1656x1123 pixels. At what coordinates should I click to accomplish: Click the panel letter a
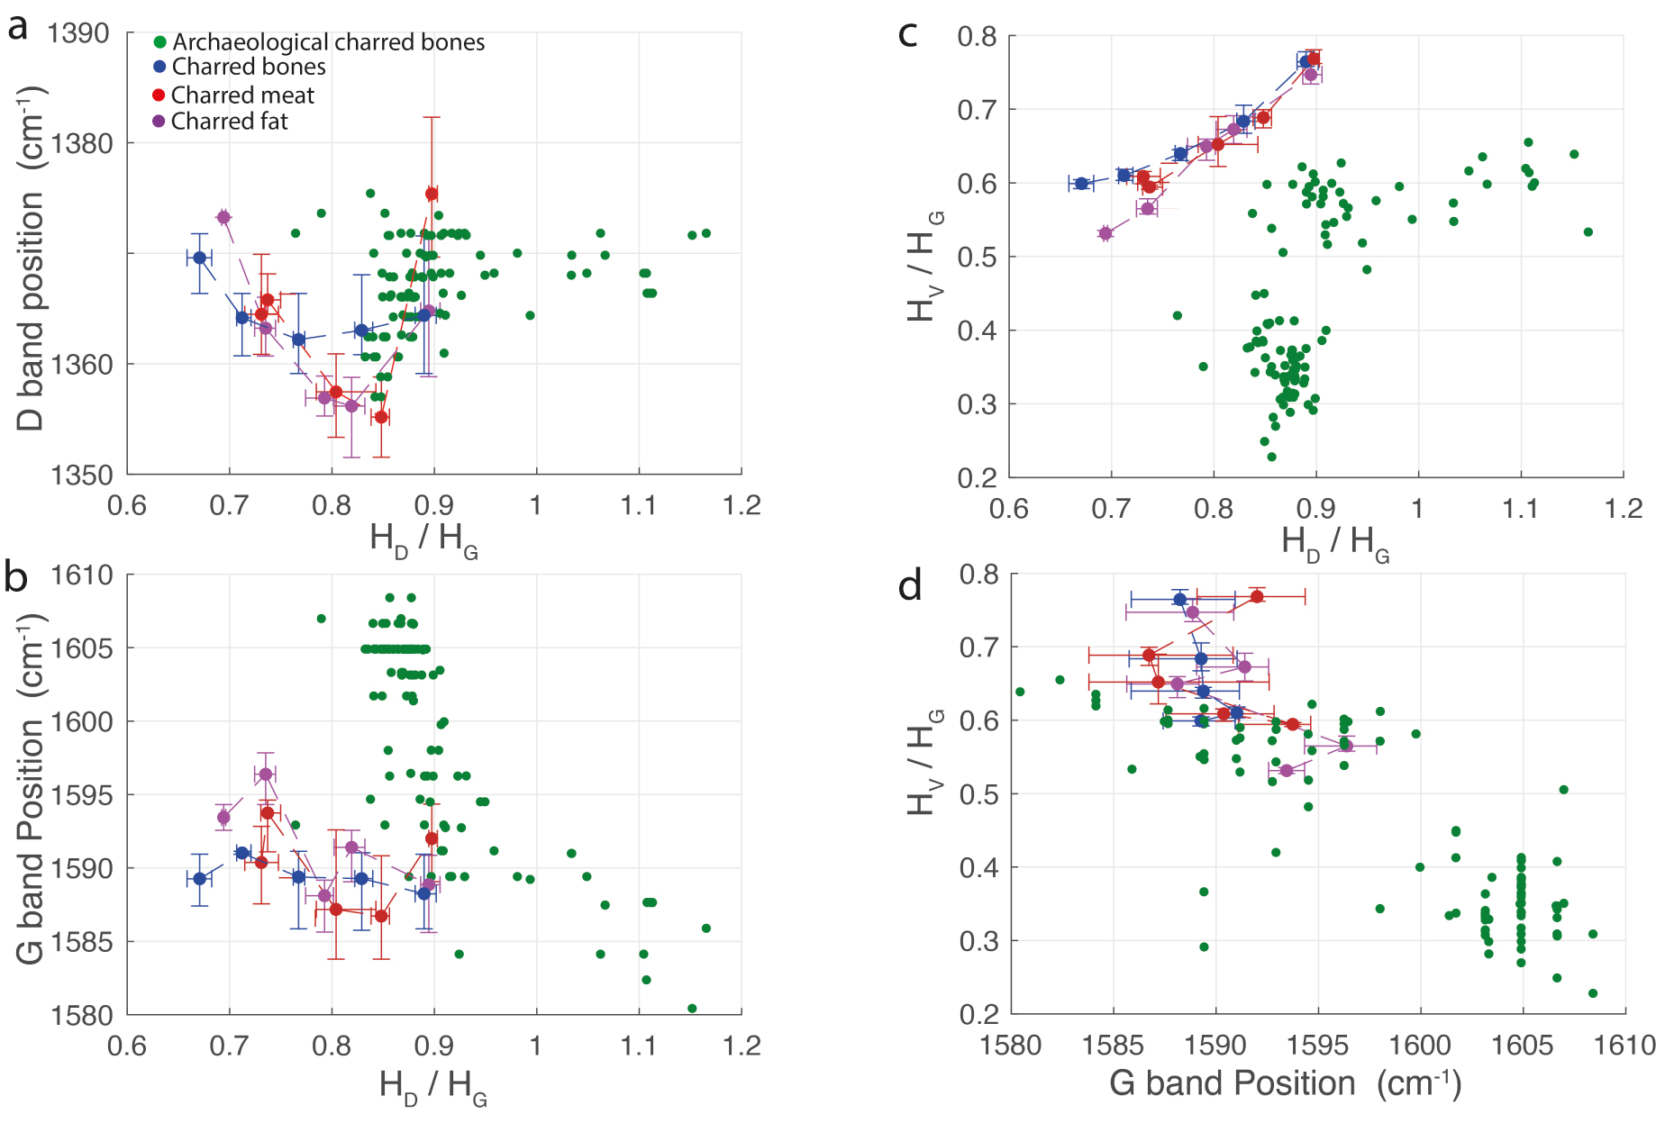tap(18, 29)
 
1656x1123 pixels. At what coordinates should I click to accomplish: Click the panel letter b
tap(16, 577)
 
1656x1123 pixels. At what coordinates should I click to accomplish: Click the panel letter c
tap(908, 34)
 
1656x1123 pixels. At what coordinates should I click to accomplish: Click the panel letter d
tap(910, 585)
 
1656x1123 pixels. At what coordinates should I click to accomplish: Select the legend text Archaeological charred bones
tap(328, 42)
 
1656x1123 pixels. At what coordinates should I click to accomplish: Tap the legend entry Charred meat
tap(242, 95)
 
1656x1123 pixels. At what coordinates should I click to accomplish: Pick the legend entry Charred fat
tap(229, 122)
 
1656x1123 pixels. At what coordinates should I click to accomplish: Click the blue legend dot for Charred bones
tap(159, 67)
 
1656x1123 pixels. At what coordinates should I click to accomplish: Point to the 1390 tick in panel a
tap(78, 33)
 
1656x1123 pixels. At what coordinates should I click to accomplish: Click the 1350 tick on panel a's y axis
tap(78, 475)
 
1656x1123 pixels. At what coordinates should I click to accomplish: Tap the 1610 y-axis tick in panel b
tap(81, 575)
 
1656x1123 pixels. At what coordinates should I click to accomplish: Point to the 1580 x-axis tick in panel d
tap(1011, 1046)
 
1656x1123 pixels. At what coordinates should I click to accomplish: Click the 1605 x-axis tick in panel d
tap(1523, 1046)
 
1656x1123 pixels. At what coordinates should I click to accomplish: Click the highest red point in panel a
tap(432, 194)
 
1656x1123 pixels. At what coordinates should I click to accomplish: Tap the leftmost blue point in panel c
tap(1081, 184)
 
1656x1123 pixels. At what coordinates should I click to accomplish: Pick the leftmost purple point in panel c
tap(1106, 233)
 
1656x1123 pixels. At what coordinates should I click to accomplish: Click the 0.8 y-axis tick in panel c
tap(977, 37)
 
